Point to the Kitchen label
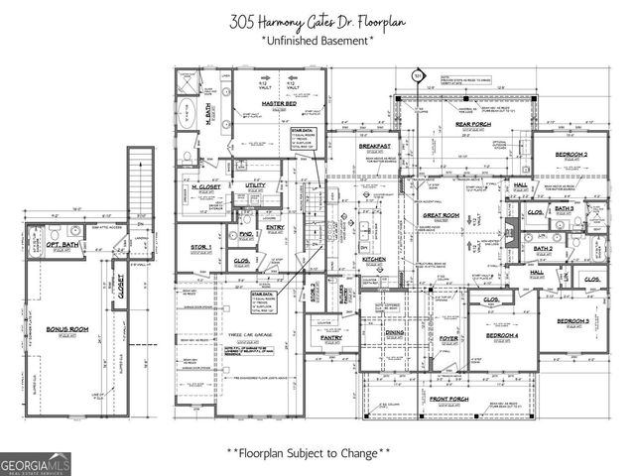tap(373, 259)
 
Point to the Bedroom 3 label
tap(572, 321)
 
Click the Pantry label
tap(331, 338)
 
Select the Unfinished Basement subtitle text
tap(317, 41)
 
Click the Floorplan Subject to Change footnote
tap(309, 453)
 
